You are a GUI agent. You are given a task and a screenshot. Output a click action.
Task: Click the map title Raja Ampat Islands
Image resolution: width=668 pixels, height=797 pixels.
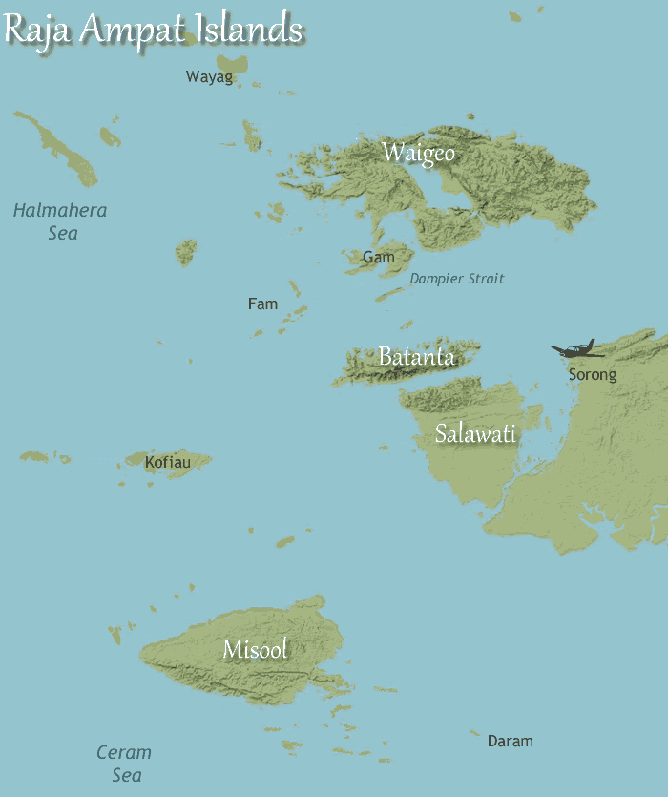tap(153, 29)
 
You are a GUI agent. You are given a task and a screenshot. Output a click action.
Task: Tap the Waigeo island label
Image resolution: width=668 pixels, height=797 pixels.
tap(418, 153)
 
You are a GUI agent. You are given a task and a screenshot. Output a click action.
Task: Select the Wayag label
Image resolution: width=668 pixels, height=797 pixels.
tap(209, 77)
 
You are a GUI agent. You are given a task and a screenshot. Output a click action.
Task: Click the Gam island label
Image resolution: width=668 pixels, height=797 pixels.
tap(378, 257)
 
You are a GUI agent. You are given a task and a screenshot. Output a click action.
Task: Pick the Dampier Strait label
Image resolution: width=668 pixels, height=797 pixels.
tap(457, 279)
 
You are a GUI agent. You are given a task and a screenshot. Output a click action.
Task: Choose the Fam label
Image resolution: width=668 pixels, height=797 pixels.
tap(262, 304)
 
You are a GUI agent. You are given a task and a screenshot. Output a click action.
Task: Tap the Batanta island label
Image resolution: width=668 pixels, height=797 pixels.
tap(416, 357)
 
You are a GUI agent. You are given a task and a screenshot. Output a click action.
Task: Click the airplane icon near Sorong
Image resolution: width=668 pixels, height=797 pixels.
tap(577, 350)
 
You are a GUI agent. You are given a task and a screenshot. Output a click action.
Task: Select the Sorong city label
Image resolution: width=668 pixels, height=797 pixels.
tap(593, 374)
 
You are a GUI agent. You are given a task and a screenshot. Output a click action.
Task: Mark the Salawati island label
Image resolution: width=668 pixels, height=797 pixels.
tap(475, 433)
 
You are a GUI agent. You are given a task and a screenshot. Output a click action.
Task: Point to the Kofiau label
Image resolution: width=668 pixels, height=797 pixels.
tap(167, 463)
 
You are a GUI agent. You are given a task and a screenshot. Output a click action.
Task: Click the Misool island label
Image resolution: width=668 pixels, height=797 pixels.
tap(255, 649)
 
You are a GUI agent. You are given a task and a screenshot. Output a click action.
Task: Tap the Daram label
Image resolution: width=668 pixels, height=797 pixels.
tap(510, 741)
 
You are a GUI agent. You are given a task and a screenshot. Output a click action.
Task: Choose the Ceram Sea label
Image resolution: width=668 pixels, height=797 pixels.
tap(124, 764)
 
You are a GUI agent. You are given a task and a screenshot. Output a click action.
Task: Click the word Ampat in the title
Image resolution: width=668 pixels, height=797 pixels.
tap(123, 30)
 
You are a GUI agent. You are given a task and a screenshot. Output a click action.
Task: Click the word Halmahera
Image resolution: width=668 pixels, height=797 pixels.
tap(60, 210)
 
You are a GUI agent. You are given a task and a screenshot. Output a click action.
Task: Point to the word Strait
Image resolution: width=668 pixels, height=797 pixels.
tap(484, 279)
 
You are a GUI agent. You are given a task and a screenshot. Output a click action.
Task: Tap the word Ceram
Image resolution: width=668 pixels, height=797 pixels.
tap(124, 753)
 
